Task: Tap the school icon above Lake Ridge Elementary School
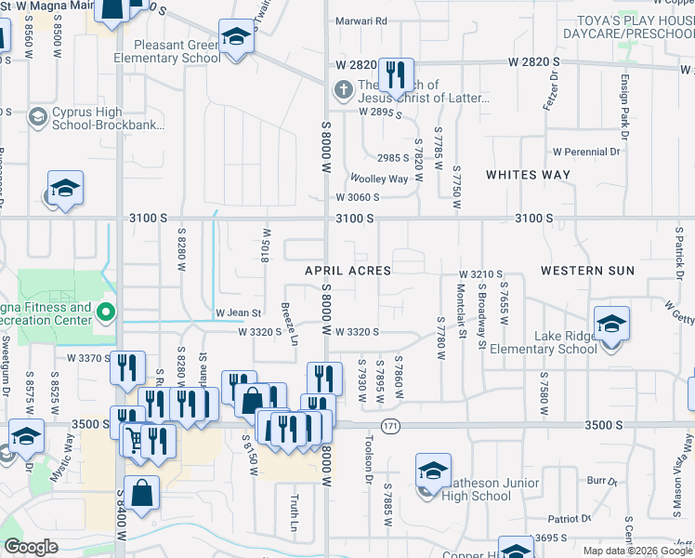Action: pyautogui.click(x=611, y=324)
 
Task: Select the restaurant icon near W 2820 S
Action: pyautogui.click(x=396, y=74)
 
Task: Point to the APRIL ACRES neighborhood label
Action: pyautogui.click(x=348, y=271)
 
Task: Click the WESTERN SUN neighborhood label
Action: pyautogui.click(x=587, y=271)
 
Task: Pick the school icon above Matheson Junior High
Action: pyautogui.click(x=432, y=471)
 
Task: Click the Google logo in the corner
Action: pyautogui.click(x=31, y=547)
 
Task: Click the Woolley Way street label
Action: pyautogui.click(x=378, y=179)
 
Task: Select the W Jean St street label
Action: pyautogui.click(x=239, y=313)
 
